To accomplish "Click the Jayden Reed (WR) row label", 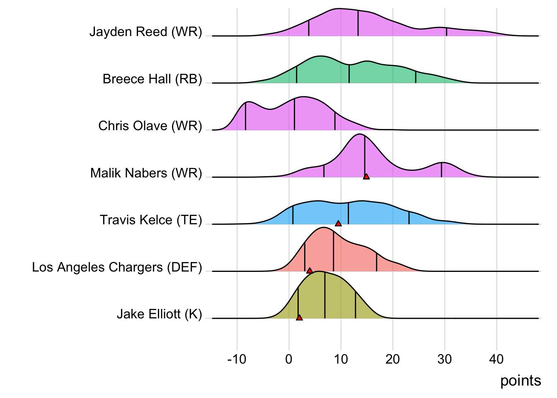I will pos(146,32).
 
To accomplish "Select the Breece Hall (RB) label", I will pos(153,79).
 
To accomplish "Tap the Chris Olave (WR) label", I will pos(150,126).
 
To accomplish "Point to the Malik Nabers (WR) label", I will pos(146,173).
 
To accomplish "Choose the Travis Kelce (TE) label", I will pos(151,220).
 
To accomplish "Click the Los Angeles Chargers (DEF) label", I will pos(117,267).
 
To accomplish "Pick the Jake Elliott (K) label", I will pos(160,314).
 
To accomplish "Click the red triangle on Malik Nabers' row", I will pos(366,177).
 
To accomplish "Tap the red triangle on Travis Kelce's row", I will pos(338,223).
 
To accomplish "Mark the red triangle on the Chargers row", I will pos(310,271).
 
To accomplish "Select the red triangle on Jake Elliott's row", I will pos(299,318).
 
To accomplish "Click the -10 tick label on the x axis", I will pos(237,359).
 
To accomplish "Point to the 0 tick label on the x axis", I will pos(289,359).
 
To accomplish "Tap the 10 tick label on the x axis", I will pos(341,359).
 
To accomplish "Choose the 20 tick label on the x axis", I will pos(393,359).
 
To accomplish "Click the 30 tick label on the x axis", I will pos(445,359).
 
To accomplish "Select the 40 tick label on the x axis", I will pos(496,359).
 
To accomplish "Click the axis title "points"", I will pos(521,381).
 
